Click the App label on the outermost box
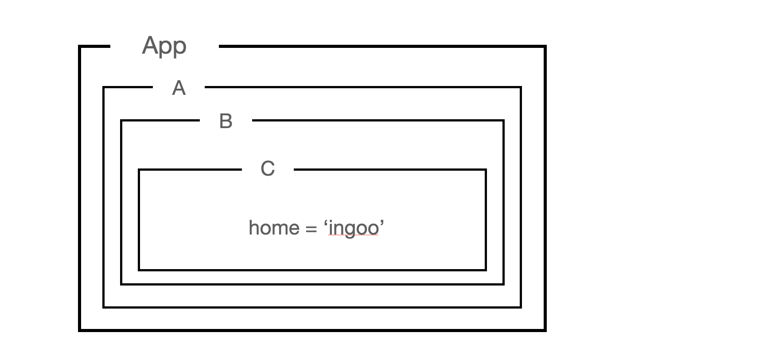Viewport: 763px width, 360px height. [164, 46]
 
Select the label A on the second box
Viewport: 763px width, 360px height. [179, 88]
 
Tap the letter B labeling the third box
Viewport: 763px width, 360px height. [226, 121]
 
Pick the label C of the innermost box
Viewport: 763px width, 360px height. [268, 168]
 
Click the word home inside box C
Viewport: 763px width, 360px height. [274, 228]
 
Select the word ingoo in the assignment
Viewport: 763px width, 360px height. [354, 228]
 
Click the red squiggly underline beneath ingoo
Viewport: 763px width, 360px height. [354, 236]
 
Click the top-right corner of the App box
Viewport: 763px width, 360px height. [545, 46]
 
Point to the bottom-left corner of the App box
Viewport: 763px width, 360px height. [80, 330]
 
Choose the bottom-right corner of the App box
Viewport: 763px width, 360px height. [545, 330]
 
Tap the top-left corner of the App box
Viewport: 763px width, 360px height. [80, 46]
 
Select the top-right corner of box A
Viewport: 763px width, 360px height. [521, 88]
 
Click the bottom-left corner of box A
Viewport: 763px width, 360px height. [104, 307]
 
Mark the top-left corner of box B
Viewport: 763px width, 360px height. [121, 121]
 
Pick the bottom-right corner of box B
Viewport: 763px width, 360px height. [503, 284]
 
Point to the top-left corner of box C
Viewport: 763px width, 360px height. [139, 170]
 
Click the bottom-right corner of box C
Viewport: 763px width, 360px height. [486, 270]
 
